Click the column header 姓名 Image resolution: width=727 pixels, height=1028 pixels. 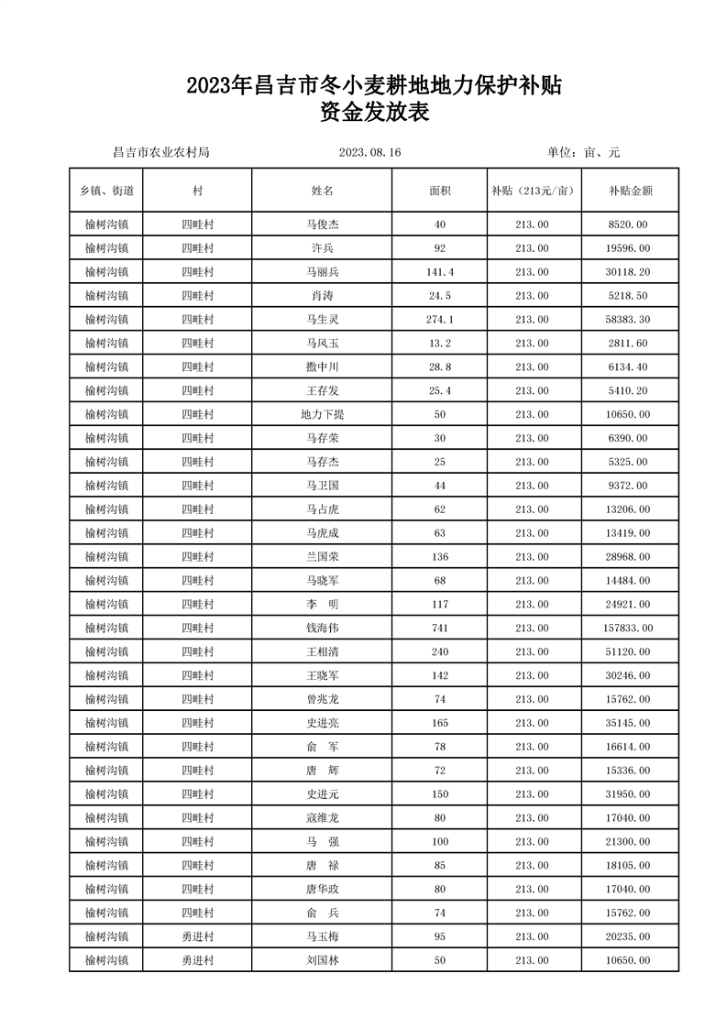[x=322, y=191]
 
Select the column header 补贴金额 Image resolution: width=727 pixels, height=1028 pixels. [x=630, y=191]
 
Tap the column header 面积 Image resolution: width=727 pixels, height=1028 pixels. [x=440, y=191]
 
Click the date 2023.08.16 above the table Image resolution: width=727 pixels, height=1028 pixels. [x=370, y=152]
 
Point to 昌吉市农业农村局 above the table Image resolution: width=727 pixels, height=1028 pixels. [x=160, y=152]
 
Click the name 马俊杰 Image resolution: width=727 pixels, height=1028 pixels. [x=322, y=224]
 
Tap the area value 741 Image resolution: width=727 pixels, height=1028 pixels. [x=440, y=628]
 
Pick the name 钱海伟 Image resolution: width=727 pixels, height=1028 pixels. [x=322, y=628]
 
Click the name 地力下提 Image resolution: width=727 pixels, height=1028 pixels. [x=322, y=414]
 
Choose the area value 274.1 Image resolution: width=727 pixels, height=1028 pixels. [x=440, y=319]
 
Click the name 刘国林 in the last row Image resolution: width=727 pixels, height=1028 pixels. [x=322, y=959]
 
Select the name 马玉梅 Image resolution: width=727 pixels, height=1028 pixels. [x=322, y=935]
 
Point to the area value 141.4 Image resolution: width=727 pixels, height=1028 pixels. [x=440, y=272]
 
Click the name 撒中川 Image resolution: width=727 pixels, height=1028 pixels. [x=322, y=366]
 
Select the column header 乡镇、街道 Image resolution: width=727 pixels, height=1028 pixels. [x=106, y=191]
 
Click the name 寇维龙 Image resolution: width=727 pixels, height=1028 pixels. [x=322, y=817]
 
